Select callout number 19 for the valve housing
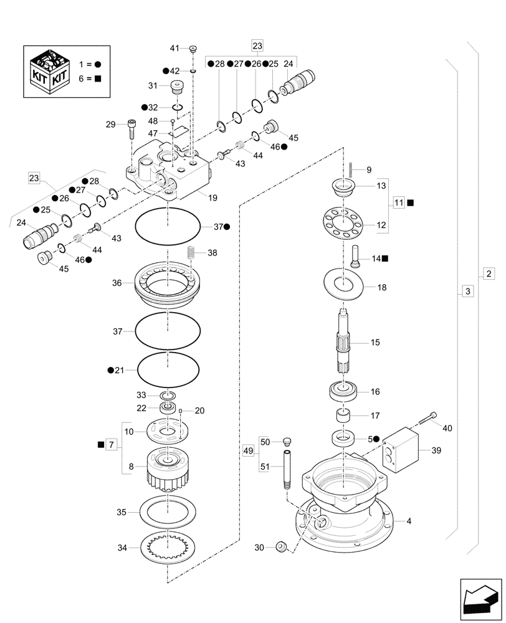pos(212,198)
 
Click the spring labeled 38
pos(192,254)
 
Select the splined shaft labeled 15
pos(344,342)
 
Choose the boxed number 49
pos(249,449)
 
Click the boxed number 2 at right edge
pos(489,273)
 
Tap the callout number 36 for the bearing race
pos(117,283)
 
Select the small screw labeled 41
pos(193,49)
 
